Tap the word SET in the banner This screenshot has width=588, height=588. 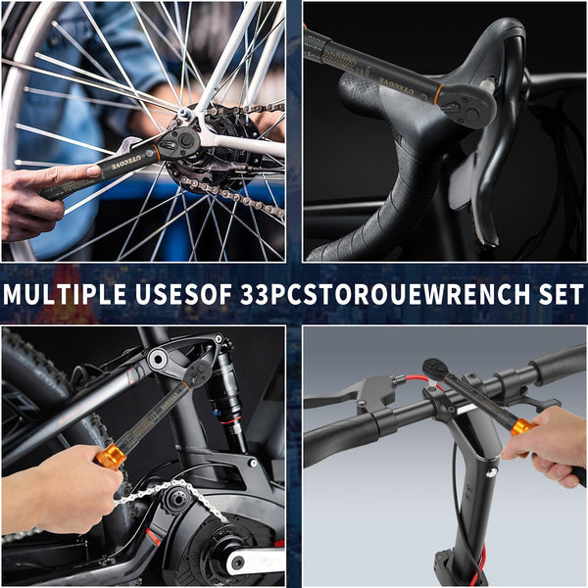coord(555,295)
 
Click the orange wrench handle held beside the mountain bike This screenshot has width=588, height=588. coord(110,456)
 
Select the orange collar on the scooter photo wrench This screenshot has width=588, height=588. coord(521,427)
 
